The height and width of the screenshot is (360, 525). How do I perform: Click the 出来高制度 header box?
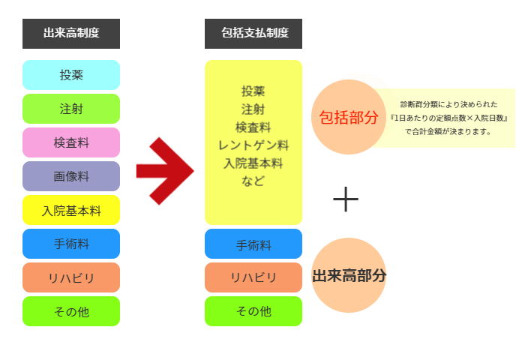[71, 33]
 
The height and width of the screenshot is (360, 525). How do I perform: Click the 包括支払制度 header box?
[253, 33]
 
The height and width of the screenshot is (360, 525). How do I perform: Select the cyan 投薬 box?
[71, 75]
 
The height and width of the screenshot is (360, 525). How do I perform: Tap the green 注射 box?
[71, 109]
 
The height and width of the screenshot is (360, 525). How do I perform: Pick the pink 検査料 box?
[71, 142]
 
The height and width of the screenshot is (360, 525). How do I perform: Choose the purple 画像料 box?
[71, 176]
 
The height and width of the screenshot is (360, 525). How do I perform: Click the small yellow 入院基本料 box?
[71, 210]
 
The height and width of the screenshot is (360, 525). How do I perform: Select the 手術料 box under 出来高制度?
[71, 244]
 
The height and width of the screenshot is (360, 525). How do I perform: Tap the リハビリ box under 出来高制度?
[71, 277]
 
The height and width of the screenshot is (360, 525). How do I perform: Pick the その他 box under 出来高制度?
[71, 311]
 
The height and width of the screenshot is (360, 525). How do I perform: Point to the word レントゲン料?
[253, 145]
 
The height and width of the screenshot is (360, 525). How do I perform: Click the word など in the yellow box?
[253, 181]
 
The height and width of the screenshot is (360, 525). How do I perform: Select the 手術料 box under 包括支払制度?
[253, 244]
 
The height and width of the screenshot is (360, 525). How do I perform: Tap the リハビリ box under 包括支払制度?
[253, 277]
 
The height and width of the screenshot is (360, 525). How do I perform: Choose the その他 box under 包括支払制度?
[253, 311]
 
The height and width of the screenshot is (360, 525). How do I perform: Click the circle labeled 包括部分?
[348, 117]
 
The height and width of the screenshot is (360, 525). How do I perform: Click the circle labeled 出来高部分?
[348, 275]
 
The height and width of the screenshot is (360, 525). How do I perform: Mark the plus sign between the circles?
[346, 199]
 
